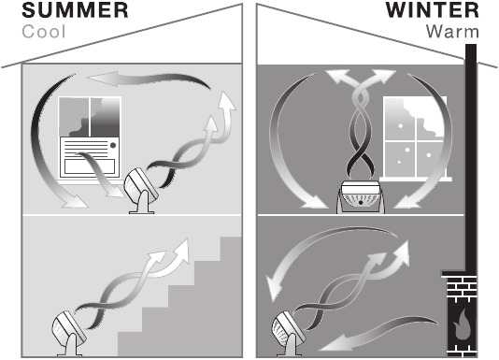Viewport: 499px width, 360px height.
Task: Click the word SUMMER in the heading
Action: [x=75, y=10]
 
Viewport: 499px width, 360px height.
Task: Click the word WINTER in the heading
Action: [x=433, y=10]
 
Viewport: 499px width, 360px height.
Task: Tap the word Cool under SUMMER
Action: [x=44, y=32]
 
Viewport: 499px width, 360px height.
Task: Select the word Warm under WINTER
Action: [x=452, y=32]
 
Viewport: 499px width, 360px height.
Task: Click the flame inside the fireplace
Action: [x=462, y=325]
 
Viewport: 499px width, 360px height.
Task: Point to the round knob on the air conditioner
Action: [x=113, y=146]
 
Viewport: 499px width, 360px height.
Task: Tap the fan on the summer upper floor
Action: [x=141, y=191]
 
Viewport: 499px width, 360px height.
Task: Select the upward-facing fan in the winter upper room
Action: [x=361, y=196]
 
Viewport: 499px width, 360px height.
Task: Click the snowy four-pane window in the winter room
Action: [x=415, y=138]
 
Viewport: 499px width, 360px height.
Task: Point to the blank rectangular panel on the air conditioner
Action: [x=90, y=166]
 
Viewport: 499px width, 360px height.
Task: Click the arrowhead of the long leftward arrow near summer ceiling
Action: [x=102, y=79]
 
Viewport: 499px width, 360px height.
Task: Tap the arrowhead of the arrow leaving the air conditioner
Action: [x=115, y=194]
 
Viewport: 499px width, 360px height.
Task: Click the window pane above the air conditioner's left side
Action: [x=74, y=117]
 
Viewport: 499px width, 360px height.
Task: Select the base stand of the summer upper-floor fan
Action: [x=142, y=204]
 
